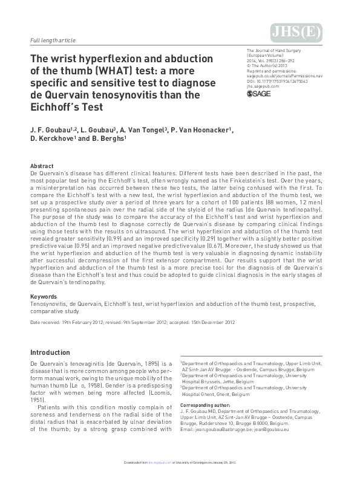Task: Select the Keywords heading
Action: (44, 297)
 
